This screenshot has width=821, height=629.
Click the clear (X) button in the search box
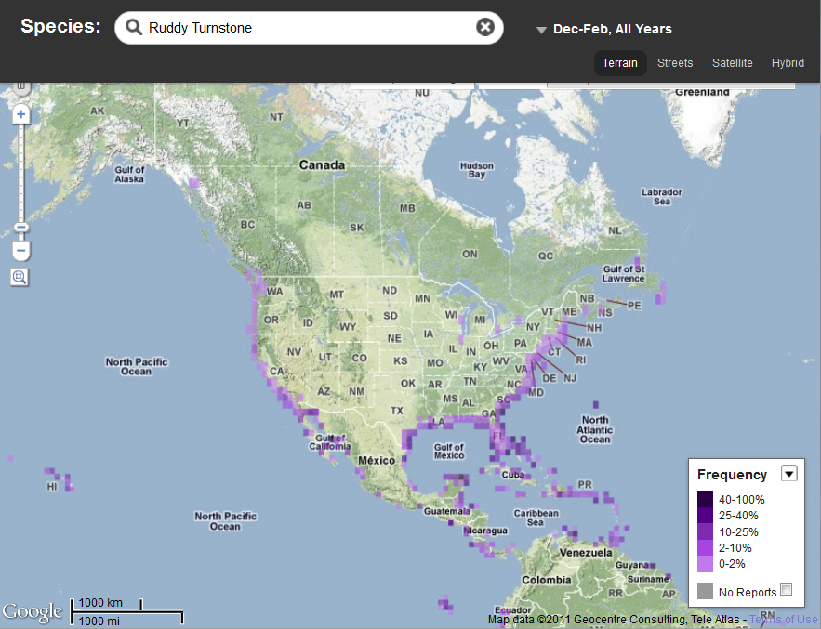point(484,27)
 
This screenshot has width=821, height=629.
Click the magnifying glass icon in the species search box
point(135,28)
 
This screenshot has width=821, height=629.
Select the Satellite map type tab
point(732,63)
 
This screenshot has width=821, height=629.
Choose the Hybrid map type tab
point(788,63)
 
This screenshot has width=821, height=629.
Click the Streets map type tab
point(675,63)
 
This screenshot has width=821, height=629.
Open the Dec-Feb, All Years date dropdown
point(604,30)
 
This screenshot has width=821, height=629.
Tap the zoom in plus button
point(20,114)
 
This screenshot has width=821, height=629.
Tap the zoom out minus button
point(20,251)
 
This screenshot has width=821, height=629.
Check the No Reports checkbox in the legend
point(786,590)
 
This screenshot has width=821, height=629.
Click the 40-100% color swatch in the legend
point(706,499)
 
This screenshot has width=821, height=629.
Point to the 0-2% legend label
point(732,564)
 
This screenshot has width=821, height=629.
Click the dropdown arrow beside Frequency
point(788,474)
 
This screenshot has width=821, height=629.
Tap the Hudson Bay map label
point(477,170)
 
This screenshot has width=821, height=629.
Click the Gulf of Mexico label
point(448,452)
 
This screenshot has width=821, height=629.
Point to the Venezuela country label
point(587,552)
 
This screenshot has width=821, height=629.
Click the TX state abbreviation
point(397,411)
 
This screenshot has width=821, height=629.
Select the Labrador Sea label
point(662,196)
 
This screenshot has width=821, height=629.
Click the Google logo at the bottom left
point(32,611)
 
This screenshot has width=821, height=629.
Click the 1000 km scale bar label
point(100,603)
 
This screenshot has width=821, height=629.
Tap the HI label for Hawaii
point(52,485)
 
